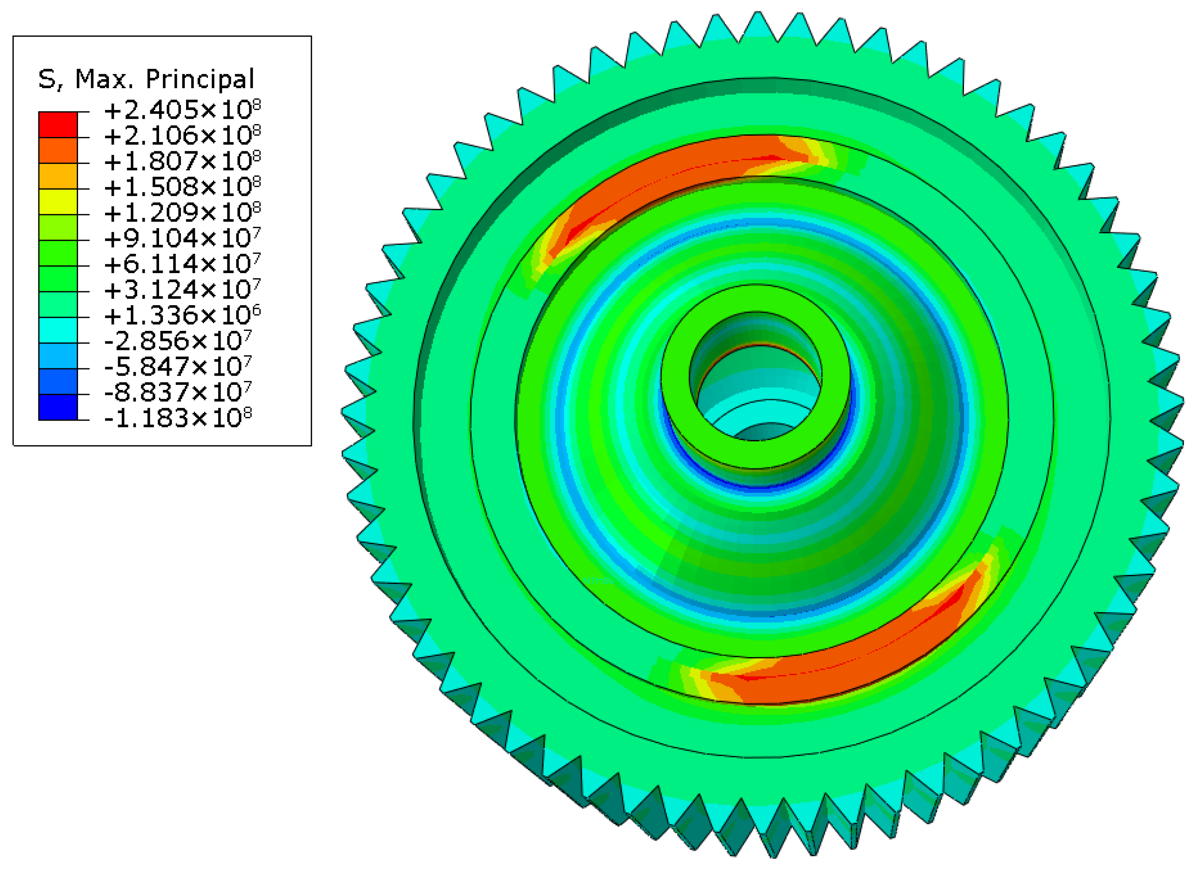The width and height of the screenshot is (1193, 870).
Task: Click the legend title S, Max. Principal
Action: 146,79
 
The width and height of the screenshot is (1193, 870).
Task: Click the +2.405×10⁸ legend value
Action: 182,110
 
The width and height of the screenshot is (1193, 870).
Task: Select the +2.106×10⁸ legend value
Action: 182,136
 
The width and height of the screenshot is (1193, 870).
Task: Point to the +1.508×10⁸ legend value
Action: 182,187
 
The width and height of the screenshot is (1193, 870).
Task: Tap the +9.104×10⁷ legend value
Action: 182,239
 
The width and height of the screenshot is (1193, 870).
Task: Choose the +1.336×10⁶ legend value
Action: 182,315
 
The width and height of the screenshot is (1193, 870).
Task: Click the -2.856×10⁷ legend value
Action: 178,341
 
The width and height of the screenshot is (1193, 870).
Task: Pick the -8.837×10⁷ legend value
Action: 178,392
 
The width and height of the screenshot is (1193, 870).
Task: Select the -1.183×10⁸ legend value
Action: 178,418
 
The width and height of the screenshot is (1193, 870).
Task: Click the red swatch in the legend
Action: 58,125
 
